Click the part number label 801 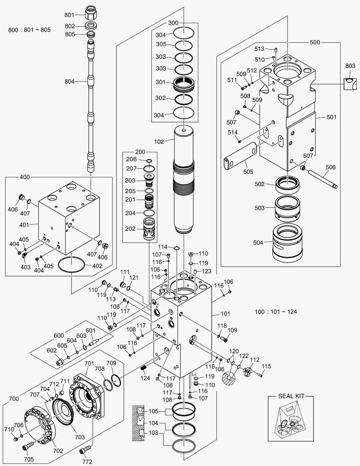coord(69,15)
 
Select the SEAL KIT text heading coord(289,396)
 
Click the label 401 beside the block coord(24,225)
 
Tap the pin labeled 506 coord(321,178)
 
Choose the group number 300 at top coord(172,22)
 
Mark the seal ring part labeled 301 coord(184,83)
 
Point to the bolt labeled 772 coord(84,451)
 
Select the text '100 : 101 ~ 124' coord(275,312)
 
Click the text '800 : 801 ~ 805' coord(29,30)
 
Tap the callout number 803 coord(350,65)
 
